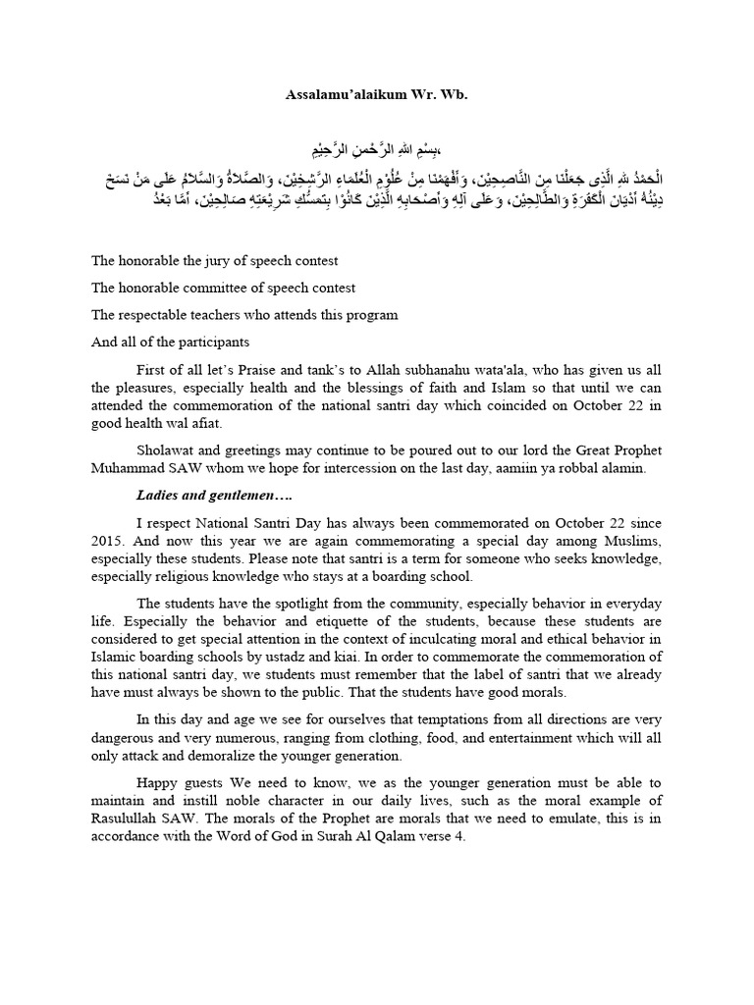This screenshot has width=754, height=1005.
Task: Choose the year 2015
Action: tap(112, 541)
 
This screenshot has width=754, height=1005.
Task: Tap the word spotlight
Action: tap(271, 603)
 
